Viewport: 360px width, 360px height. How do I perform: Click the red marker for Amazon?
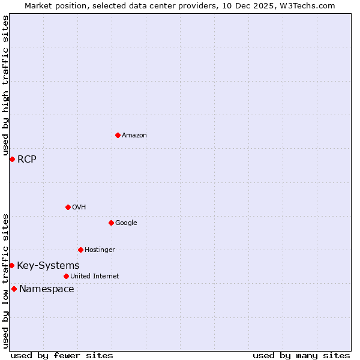coord(118,135)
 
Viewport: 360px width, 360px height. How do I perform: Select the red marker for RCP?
coord(12,159)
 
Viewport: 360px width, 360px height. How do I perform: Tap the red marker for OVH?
coord(68,207)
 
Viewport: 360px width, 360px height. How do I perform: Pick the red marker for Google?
coord(111,223)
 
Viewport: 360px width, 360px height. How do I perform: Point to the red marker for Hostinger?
coord(80,250)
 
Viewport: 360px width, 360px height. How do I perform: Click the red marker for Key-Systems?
coord(11,265)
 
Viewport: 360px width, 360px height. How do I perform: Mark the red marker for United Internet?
coord(66,276)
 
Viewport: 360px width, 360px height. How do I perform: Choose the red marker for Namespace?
coord(14,289)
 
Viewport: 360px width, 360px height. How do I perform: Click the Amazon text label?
coord(134,135)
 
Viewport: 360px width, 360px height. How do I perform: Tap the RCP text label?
coord(27,159)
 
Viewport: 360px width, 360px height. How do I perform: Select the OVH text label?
coord(79,207)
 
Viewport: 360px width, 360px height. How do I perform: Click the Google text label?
coord(126,223)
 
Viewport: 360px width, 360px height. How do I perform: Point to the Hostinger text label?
coord(100,250)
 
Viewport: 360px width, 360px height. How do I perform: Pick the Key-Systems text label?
coord(48,265)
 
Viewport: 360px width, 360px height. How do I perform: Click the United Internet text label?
coord(94,276)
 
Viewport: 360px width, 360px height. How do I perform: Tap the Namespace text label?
coord(47,289)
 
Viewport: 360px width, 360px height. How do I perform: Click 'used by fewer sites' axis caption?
coord(62,355)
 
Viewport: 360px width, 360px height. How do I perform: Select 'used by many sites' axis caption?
coord(301,355)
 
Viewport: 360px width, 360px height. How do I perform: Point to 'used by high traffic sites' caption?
coord(5,85)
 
